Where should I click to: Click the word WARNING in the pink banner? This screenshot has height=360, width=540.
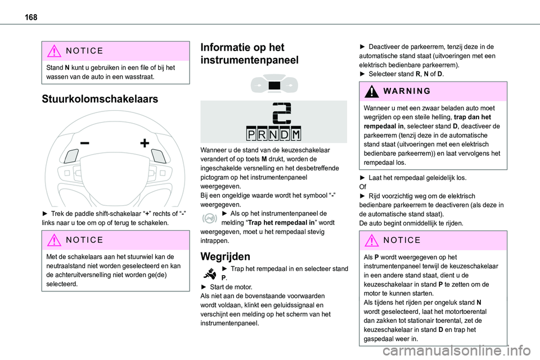pyautogui.click(x=404, y=91)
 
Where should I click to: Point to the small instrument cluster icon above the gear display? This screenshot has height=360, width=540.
pyautogui.click(x=274, y=84)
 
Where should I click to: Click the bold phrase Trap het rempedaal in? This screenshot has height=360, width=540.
pyautogui.click(x=272, y=222)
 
